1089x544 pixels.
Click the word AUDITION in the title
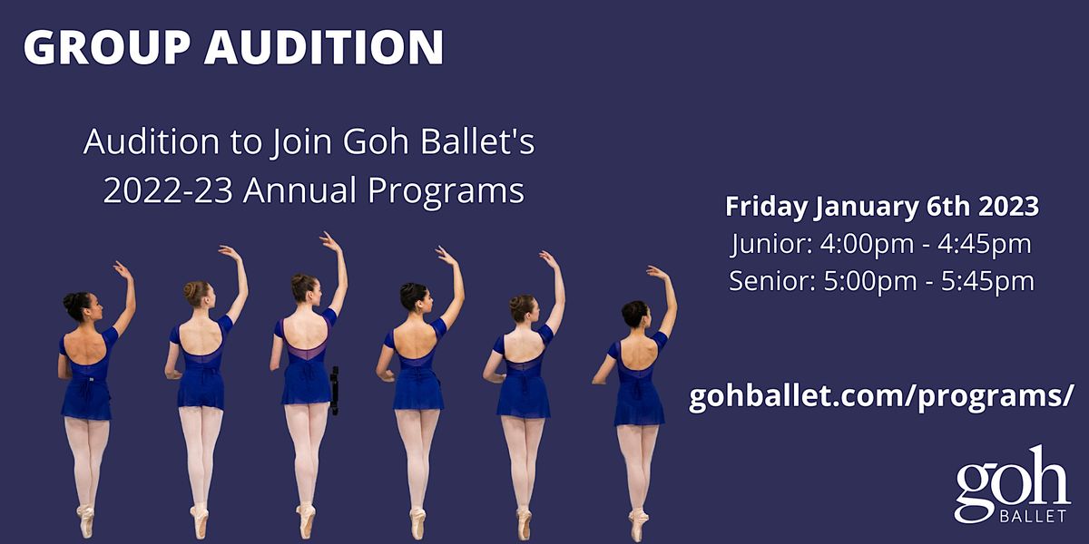[324, 48]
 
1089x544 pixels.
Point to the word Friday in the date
[765, 207]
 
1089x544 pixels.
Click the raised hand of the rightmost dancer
[655, 271]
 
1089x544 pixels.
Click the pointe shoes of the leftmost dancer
[86, 520]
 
